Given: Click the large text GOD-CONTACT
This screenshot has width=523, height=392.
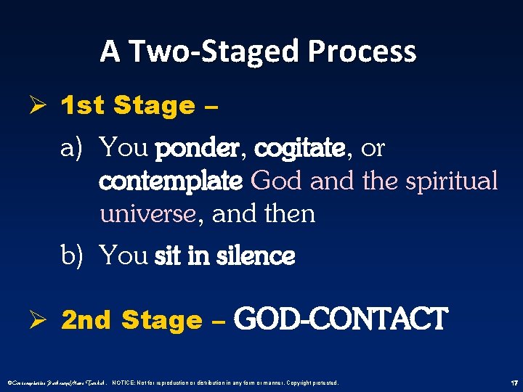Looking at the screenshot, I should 341,319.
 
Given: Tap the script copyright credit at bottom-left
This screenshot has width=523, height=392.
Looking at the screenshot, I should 54,383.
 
